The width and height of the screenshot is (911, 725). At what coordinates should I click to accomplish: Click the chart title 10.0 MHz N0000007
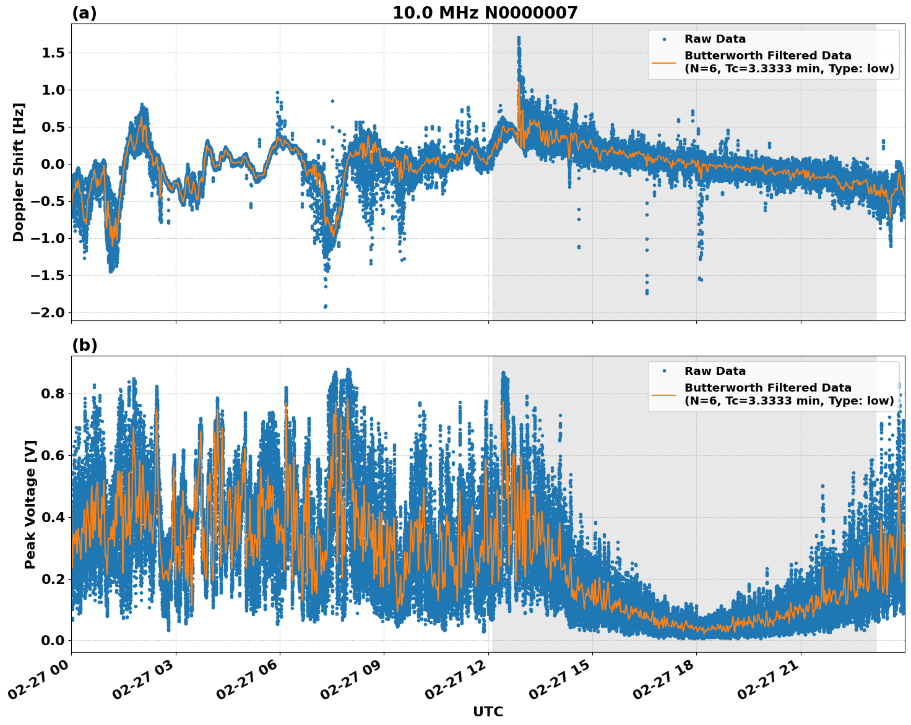(x=485, y=13)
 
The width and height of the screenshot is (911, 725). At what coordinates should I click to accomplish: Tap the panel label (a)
(x=84, y=13)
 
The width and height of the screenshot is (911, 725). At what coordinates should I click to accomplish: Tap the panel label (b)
(x=84, y=345)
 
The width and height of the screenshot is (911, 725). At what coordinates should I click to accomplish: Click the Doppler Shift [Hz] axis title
(x=19, y=172)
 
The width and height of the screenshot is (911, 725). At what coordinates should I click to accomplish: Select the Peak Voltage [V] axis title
(x=30, y=504)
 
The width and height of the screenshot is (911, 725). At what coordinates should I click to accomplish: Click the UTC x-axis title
(x=488, y=711)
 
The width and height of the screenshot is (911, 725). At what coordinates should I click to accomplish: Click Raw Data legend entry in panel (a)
(x=715, y=39)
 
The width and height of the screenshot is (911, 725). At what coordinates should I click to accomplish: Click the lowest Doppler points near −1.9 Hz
(x=325, y=306)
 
